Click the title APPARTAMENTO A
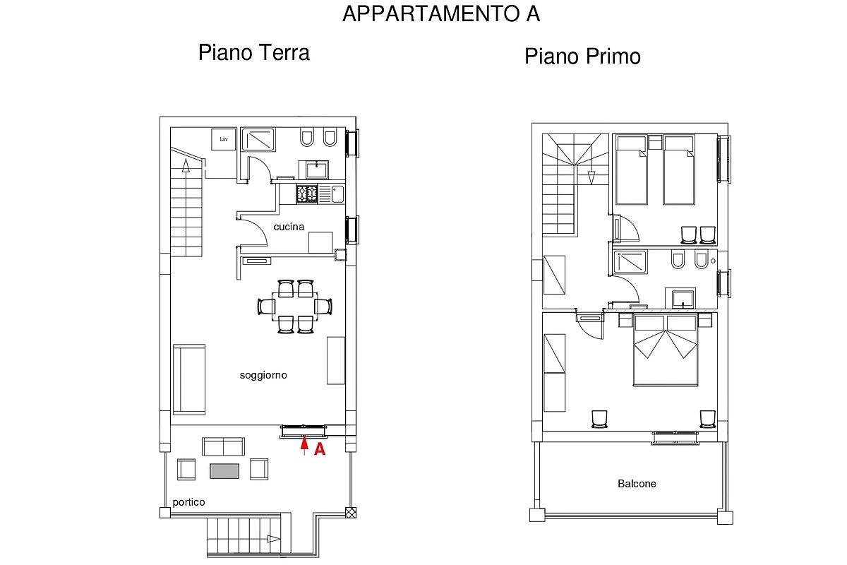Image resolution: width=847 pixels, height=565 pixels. pos(441,14)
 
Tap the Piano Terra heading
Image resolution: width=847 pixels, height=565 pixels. pos(253,52)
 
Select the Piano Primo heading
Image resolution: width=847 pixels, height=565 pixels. pos(582,56)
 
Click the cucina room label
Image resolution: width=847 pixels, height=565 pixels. pos(289,227)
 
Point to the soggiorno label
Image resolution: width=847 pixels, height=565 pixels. pos(263,376)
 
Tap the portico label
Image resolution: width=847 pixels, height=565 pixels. pos(188,502)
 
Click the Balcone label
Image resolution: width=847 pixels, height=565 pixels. pos(637,484)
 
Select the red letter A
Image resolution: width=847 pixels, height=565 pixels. pos(320,449)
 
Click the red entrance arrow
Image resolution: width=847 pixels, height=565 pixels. pos(304,445)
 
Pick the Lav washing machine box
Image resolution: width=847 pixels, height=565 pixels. pos(224,139)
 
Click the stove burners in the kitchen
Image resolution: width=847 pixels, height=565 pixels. pos(306,194)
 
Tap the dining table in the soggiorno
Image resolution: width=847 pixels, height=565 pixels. pos(294,307)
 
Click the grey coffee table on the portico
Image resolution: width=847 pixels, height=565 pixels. pos(224,471)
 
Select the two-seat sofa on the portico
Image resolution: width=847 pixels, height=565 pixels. pos(223,446)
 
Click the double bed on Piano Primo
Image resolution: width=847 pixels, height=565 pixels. pos(666,350)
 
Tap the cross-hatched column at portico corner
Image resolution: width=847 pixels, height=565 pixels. pos(351,513)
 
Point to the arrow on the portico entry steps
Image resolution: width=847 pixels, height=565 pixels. pos(274,539)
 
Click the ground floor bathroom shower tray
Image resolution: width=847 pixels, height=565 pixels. pos(258,140)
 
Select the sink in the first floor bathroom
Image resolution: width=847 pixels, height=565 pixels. pos(683,299)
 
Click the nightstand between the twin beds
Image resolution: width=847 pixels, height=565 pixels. pos(655,143)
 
